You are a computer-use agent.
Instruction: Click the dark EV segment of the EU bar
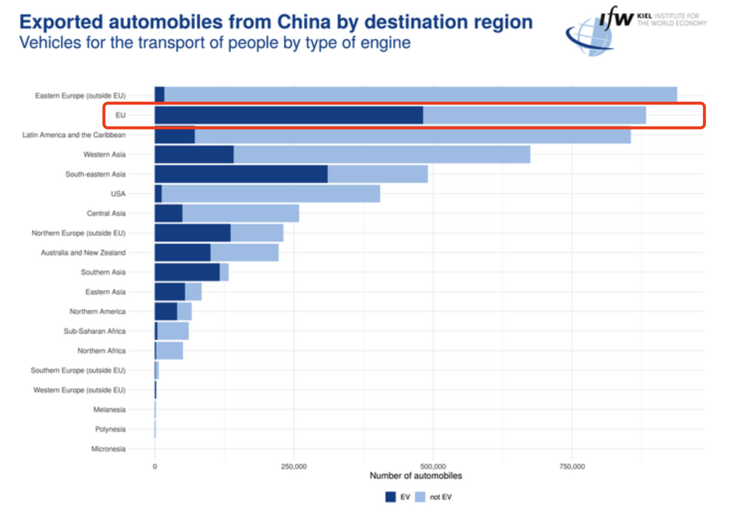tap(289, 115)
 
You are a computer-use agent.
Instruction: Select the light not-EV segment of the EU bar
tap(534, 115)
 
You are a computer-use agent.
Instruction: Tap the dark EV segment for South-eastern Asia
tap(241, 174)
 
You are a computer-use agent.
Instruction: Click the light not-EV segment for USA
tap(271, 193)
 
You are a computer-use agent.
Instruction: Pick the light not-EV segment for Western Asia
tap(382, 154)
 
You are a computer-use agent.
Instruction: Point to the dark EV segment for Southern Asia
tap(187, 272)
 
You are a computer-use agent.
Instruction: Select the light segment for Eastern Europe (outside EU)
tap(421, 94)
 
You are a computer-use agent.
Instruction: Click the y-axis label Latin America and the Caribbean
tap(74, 135)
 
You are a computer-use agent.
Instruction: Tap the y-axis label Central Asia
tap(106, 213)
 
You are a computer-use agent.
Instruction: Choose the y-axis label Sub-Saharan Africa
tap(95, 331)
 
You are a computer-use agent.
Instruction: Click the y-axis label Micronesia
tap(109, 449)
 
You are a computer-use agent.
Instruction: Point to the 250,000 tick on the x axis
tap(294, 466)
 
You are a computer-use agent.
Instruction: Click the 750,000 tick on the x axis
tap(572, 466)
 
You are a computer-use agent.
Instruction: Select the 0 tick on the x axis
tap(155, 466)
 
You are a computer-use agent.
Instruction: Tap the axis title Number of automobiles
tap(416, 476)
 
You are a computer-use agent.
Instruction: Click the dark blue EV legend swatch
tap(390, 497)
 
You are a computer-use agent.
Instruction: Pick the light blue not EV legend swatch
tap(420, 497)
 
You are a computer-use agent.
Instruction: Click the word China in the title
tap(305, 22)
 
